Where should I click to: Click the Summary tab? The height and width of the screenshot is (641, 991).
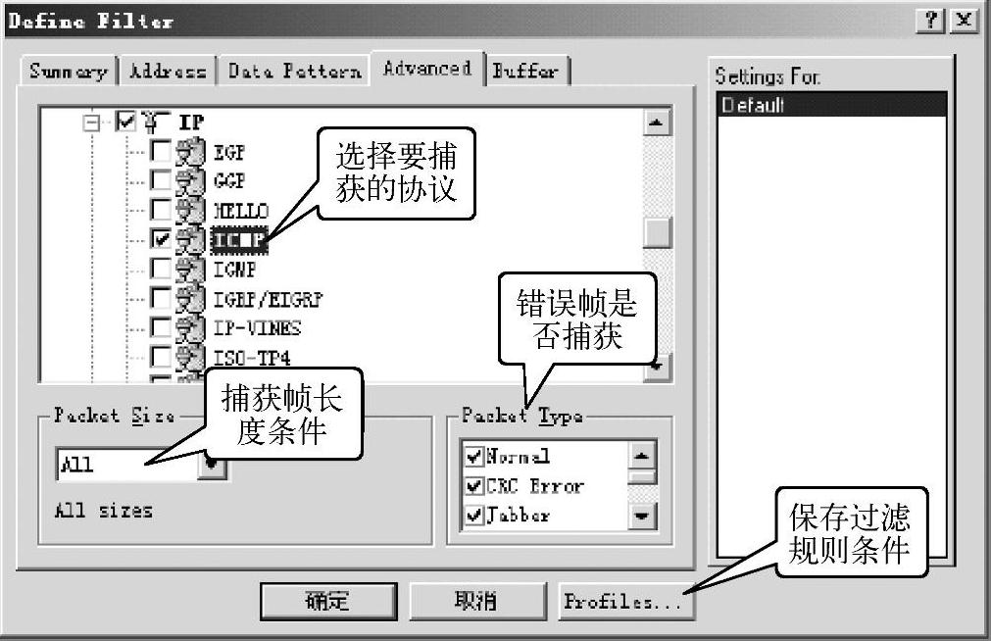click(x=68, y=71)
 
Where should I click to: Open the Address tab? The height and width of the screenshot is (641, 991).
click(x=168, y=71)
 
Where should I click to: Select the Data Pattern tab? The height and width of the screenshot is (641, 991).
click(x=294, y=71)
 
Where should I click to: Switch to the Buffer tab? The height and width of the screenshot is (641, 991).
click(x=526, y=71)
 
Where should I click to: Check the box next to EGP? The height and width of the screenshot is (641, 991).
click(x=161, y=151)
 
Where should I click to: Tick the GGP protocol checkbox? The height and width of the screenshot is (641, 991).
click(x=161, y=180)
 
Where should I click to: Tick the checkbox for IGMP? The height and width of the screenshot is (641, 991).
click(x=161, y=268)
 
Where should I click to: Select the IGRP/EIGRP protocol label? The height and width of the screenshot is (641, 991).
click(x=268, y=298)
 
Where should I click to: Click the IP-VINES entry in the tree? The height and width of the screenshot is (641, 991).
click(x=257, y=327)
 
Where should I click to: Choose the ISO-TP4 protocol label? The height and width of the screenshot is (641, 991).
click(x=252, y=357)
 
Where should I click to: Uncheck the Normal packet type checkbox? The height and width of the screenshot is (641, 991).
click(x=475, y=456)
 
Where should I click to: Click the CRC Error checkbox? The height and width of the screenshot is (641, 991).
click(x=475, y=485)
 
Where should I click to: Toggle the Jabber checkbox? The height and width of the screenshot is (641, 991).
click(x=475, y=515)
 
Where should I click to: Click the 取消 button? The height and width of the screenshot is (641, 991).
click(x=476, y=600)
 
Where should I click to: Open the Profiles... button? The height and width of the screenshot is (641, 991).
click(x=623, y=601)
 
